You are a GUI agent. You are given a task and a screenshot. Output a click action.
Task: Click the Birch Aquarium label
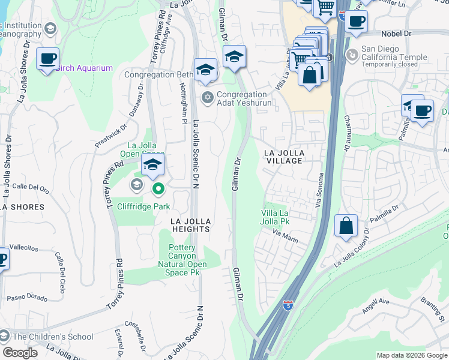pyautogui.click(x=85, y=68)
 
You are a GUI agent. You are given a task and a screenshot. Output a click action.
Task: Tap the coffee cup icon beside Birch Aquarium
pyautogui.click(x=47, y=59)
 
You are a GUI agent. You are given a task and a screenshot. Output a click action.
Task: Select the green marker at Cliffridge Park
pyautogui.click(x=158, y=190)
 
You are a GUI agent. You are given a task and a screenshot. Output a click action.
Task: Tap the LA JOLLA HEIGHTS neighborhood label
pyautogui.click(x=190, y=225)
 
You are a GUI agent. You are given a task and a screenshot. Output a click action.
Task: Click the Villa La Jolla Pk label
pyautogui.click(x=276, y=217)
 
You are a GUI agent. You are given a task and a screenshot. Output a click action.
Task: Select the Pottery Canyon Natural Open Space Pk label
pyautogui.click(x=182, y=260)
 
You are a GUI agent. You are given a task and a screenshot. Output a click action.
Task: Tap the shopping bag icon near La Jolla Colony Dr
pyautogui.click(x=346, y=226)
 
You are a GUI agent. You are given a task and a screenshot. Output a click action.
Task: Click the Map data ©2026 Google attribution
pyautogui.click(x=411, y=355)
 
